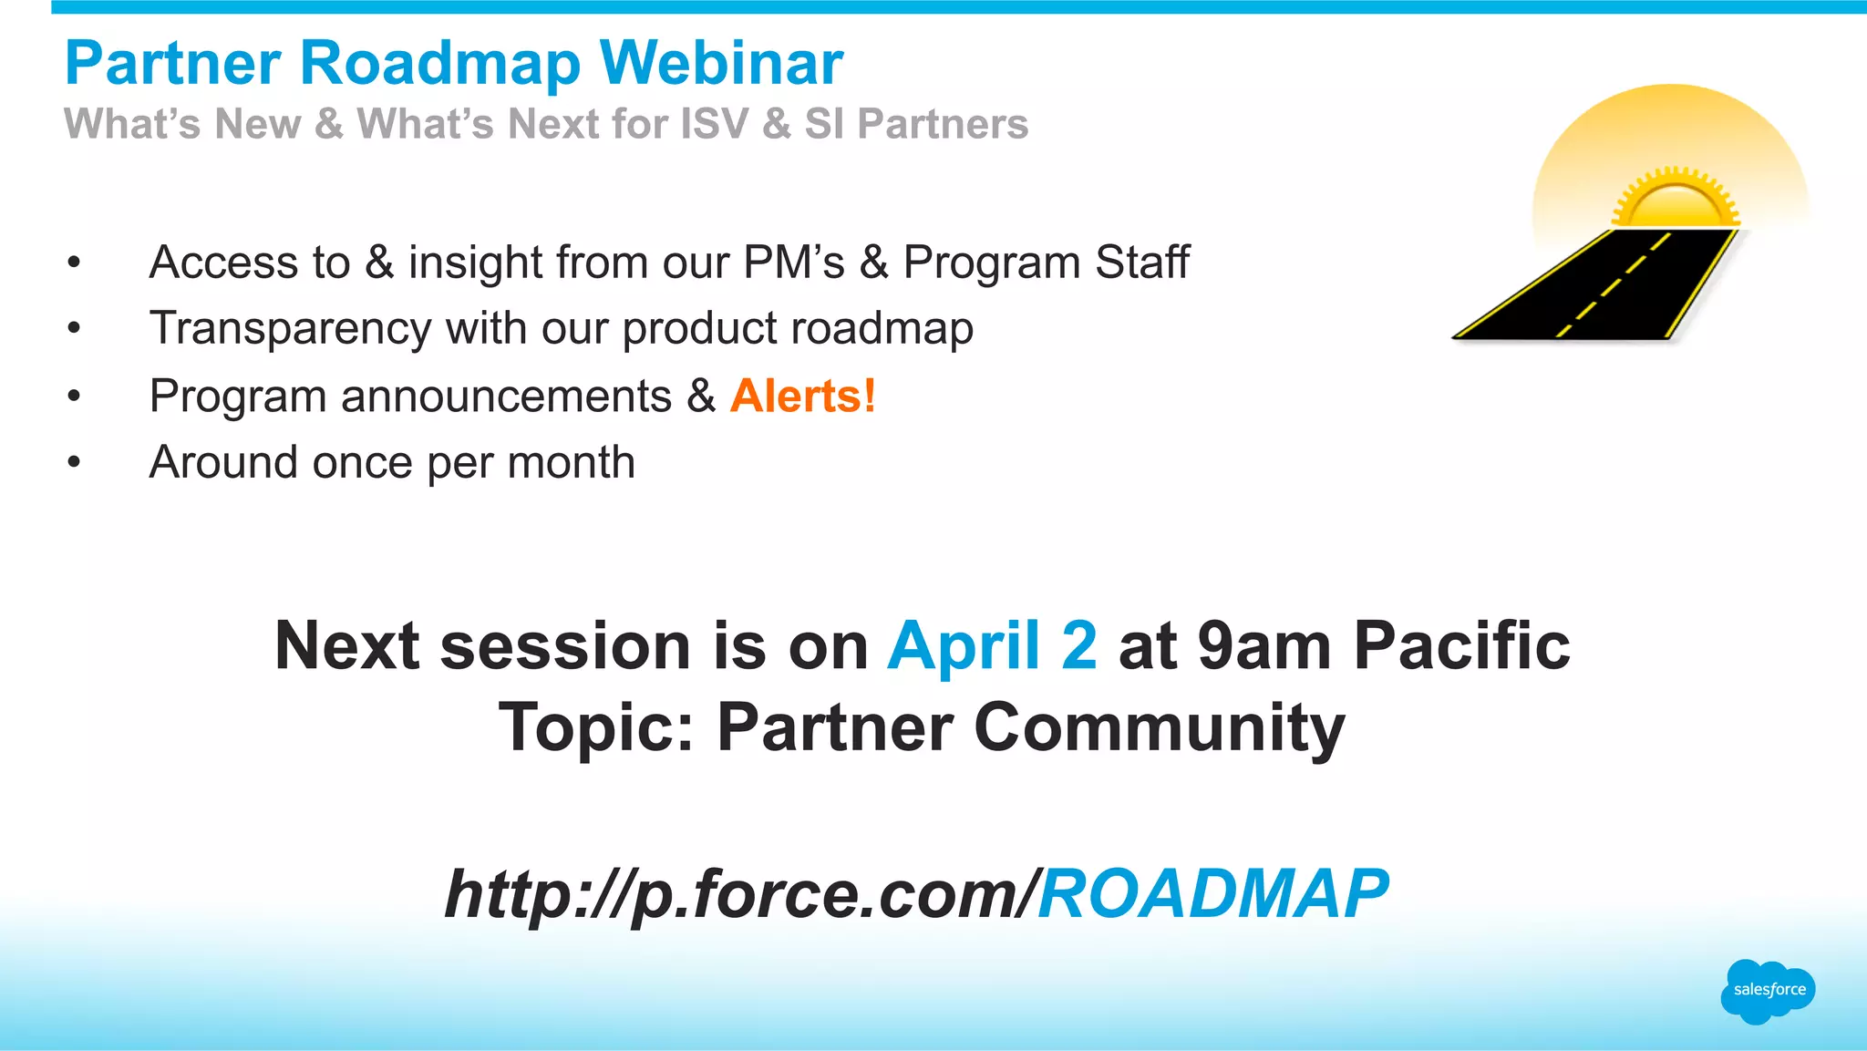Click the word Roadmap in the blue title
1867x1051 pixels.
(x=439, y=64)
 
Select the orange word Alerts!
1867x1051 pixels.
(x=802, y=397)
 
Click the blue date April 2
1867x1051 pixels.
(x=992, y=645)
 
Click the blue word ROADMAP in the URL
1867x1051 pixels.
(x=1212, y=893)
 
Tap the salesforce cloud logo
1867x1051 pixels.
(x=1768, y=991)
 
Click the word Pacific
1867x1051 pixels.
(x=1462, y=645)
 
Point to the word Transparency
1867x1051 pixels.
(x=290, y=329)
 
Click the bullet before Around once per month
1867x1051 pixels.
(x=74, y=462)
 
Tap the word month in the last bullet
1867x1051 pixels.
(x=571, y=462)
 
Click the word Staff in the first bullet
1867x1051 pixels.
(x=1141, y=263)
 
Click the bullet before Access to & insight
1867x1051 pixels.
(x=74, y=263)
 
